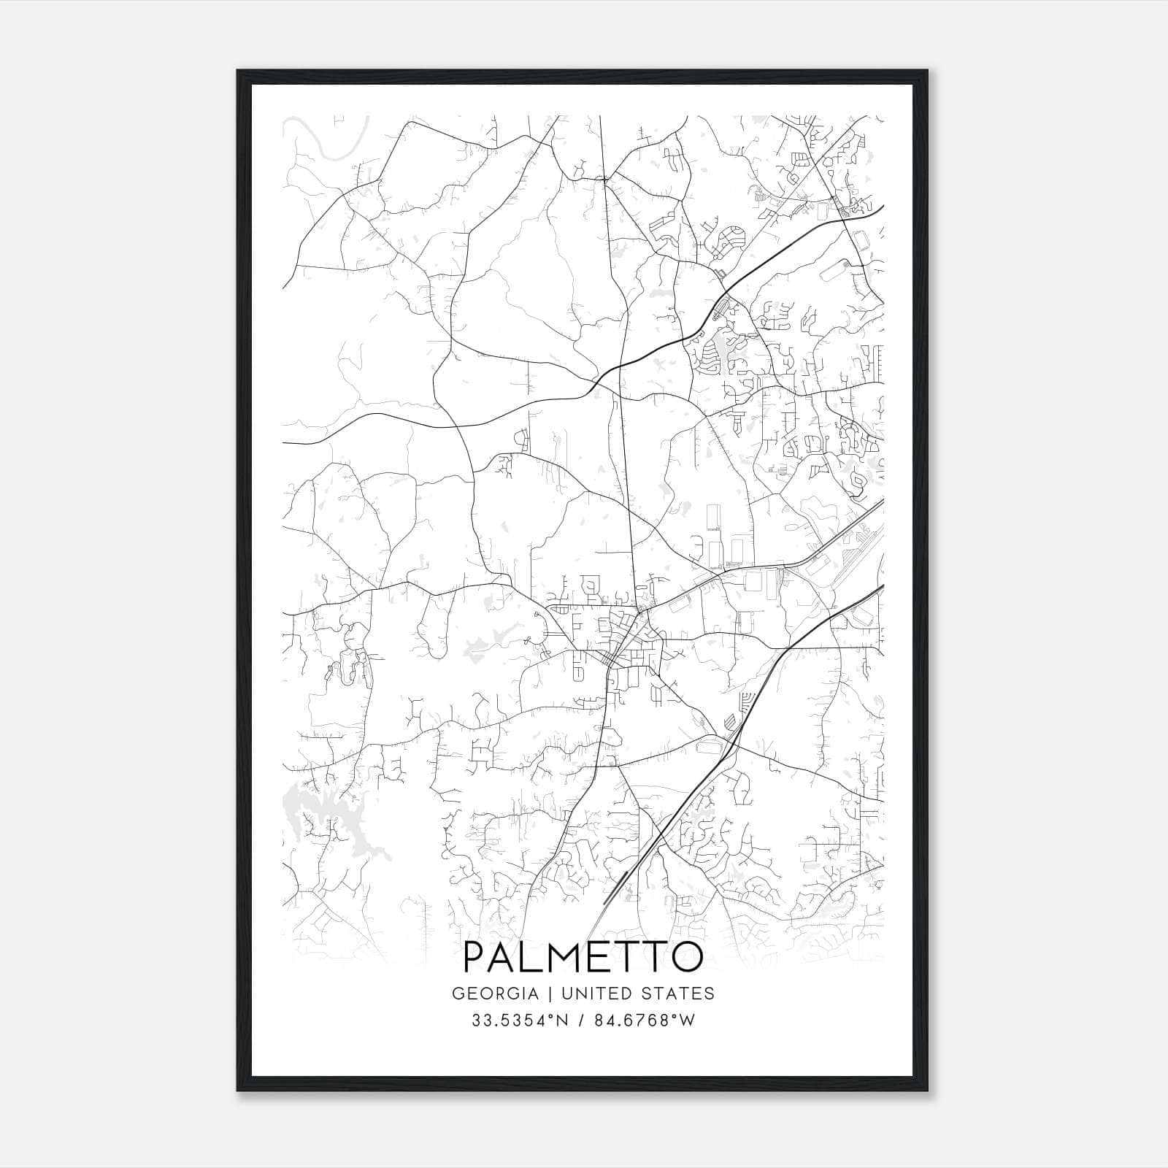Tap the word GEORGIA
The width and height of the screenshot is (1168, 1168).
[495, 994]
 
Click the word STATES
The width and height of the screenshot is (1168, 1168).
[678, 994]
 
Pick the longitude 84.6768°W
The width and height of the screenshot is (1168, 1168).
[643, 1021]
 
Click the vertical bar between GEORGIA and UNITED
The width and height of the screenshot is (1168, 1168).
[545, 994]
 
